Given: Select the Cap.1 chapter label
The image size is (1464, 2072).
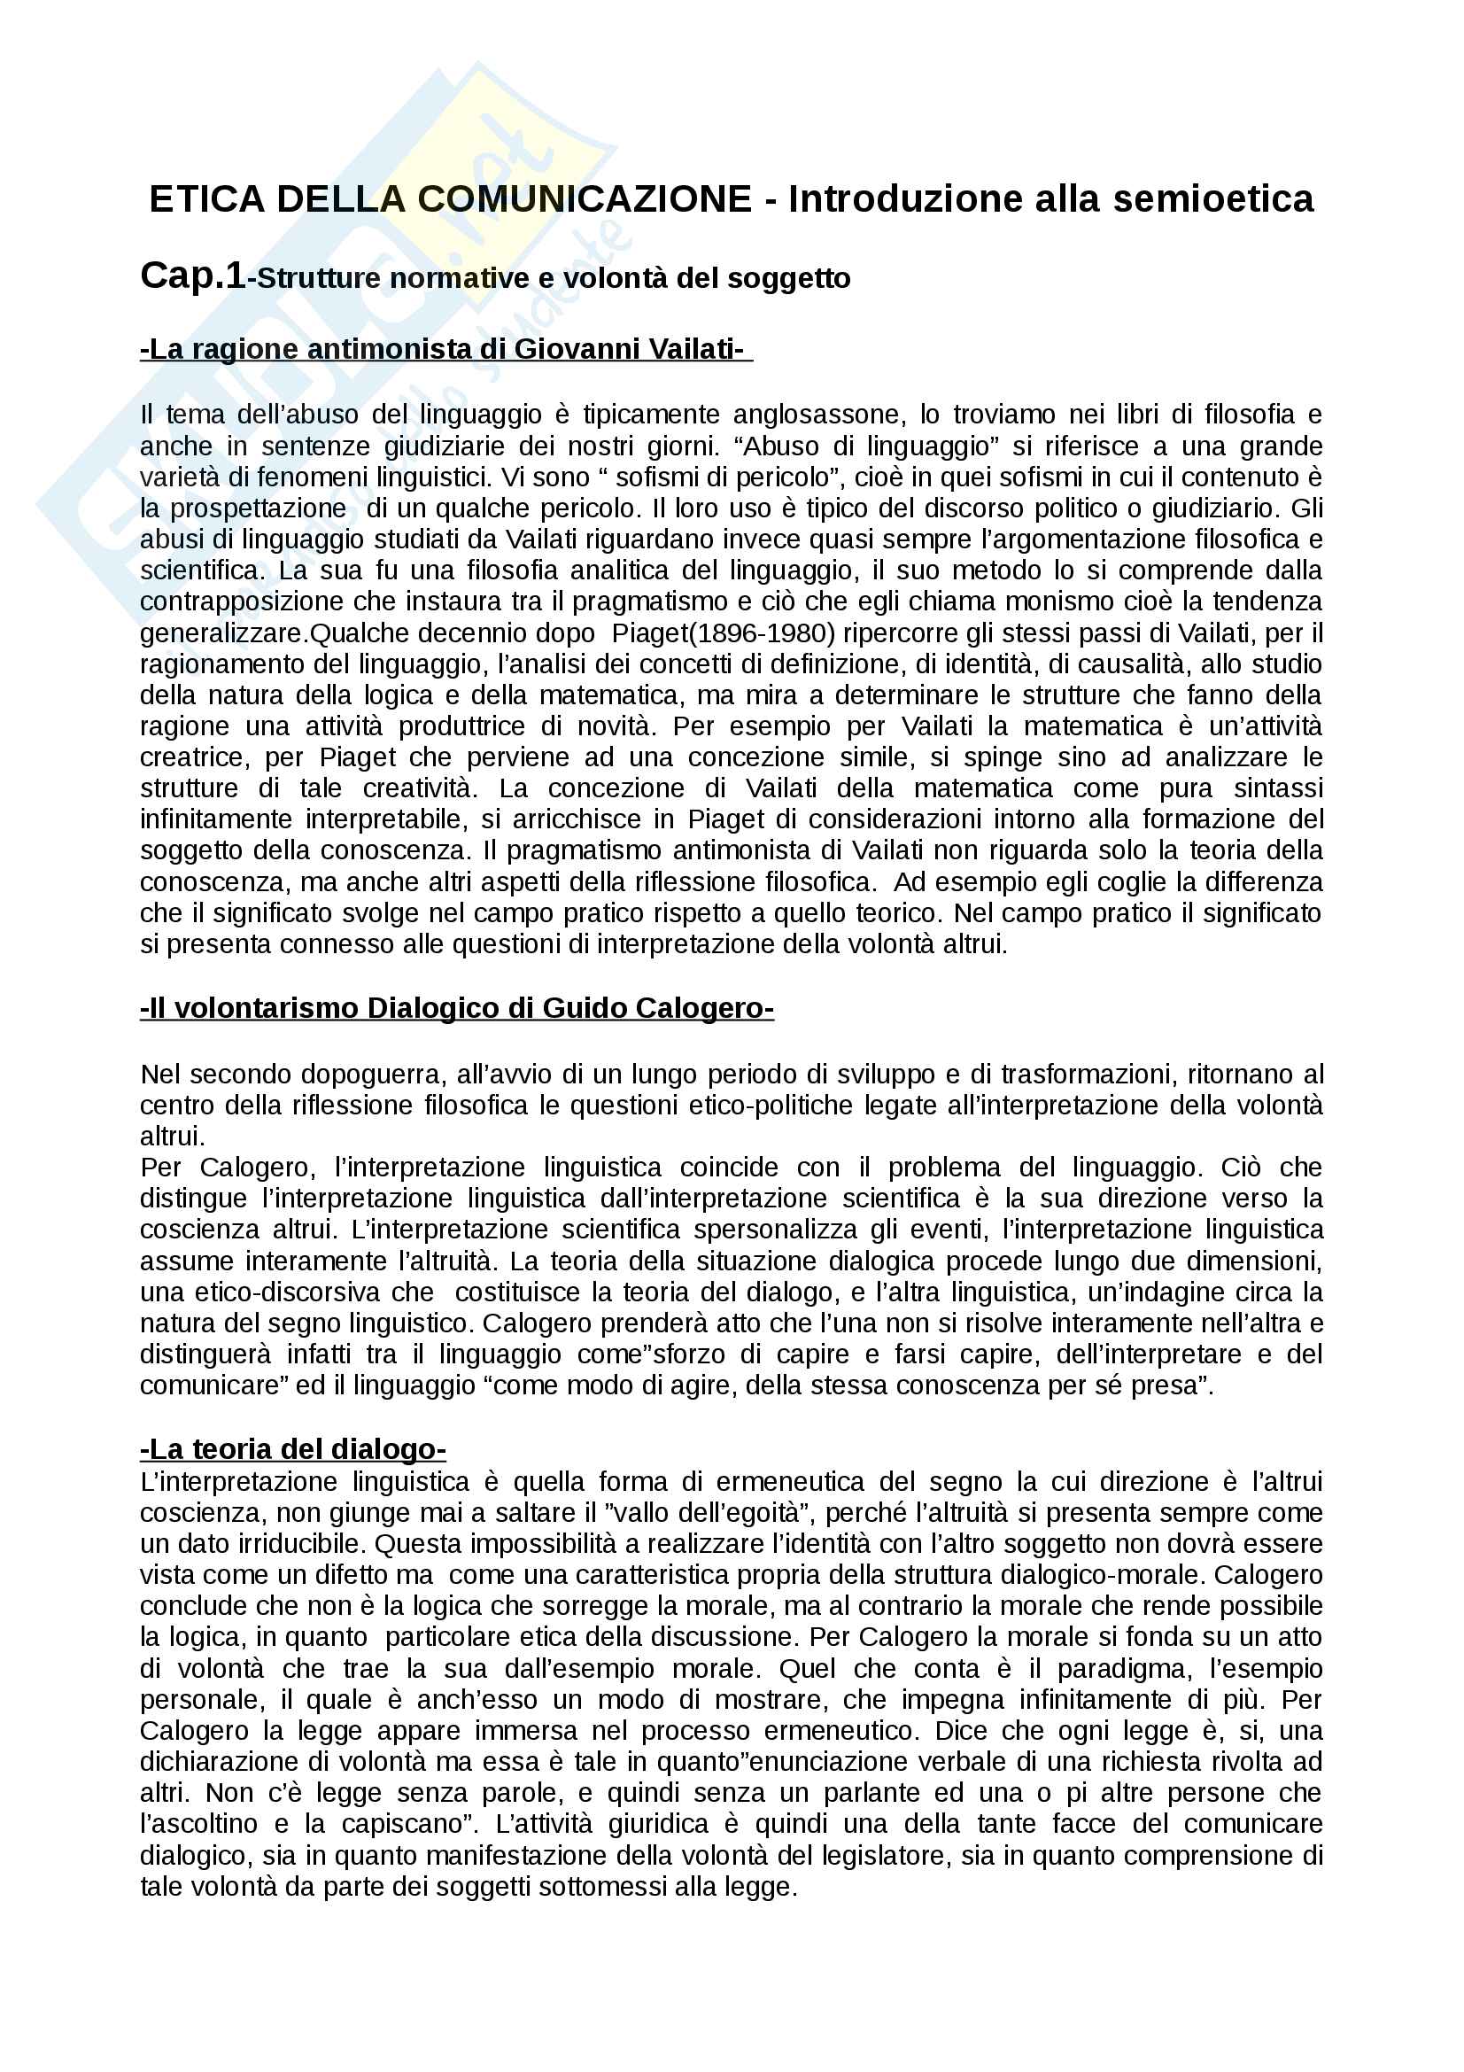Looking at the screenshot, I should coord(192,276).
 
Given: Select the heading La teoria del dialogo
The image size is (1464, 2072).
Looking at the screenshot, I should coord(293,1449).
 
